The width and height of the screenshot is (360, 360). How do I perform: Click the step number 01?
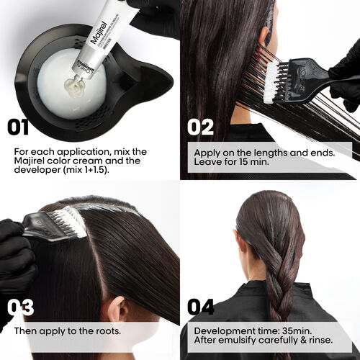coord(17,127)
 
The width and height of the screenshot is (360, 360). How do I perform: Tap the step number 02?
coord(201,127)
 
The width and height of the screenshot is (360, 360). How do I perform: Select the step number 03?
coord(21,307)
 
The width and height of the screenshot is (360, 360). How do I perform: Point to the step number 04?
coord(201,307)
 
